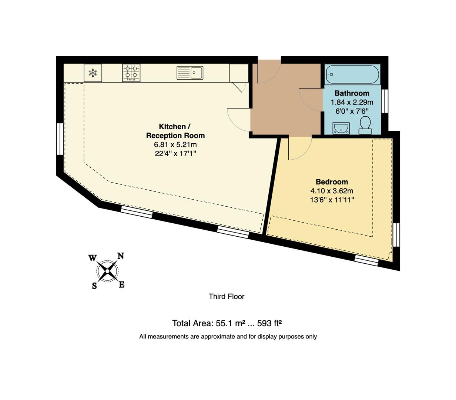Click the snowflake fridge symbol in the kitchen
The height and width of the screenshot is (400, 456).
pyautogui.click(x=93, y=73)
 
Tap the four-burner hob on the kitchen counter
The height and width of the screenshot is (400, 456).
pyautogui.click(x=131, y=73)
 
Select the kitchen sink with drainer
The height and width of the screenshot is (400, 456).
pyautogui.click(x=190, y=73)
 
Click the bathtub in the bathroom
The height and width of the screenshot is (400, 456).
pyautogui.click(x=352, y=74)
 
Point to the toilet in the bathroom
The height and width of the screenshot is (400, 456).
pyautogui.click(x=366, y=125)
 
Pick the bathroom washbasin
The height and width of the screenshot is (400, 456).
pyautogui.click(x=340, y=128)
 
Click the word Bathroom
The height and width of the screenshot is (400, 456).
pyautogui.click(x=352, y=93)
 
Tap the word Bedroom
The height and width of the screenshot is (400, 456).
pyautogui.click(x=332, y=182)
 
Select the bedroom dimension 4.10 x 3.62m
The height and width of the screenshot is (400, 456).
pyautogui.click(x=332, y=191)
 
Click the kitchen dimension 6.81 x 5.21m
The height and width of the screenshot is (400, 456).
pyautogui.click(x=175, y=144)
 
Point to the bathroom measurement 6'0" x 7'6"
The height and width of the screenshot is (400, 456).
pyautogui.click(x=352, y=111)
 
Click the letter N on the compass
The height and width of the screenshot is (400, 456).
pyautogui.click(x=121, y=256)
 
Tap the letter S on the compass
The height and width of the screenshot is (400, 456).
pyautogui.click(x=94, y=286)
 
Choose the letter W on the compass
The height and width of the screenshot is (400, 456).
pyautogui.click(x=92, y=258)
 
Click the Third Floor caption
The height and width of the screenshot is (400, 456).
pyautogui.click(x=227, y=296)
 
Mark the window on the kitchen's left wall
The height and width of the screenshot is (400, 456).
pyautogui.click(x=59, y=139)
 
